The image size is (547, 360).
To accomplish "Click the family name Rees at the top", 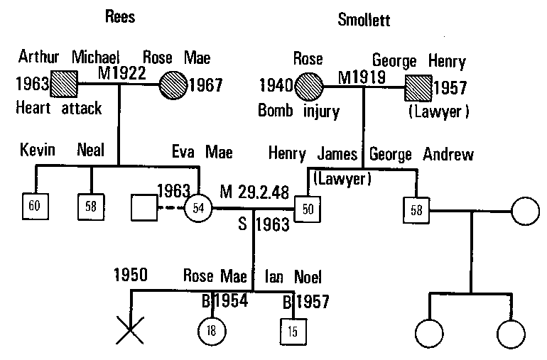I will tap(121, 16).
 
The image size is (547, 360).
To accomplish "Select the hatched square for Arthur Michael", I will tap(64, 85).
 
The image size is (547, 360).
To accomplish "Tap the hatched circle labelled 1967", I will tap(173, 85).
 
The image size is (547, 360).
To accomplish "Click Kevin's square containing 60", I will tap(35, 206).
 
